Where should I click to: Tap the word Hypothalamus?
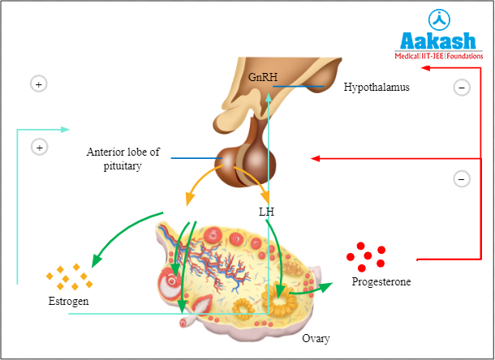pyautogui.click(x=377, y=87)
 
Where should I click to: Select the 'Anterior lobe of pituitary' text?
pyautogui.click(x=124, y=159)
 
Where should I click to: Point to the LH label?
pyautogui.click(x=266, y=212)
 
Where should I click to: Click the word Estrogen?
pyautogui.click(x=68, y=302)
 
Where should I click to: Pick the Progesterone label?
pyautogui.click(x=381, y=282)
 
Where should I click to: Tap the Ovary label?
pyautogui.click(x=316, y=338)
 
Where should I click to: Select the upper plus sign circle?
pyautogui.click(x=38, y=84)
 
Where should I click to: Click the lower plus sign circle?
pyautogui.click(x=38, y=147)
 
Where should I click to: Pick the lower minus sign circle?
pyautogui.click(x=462, y=178)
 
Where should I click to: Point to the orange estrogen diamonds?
pyautogui.click(x=67, y=276)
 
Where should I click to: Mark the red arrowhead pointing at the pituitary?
pyautogui.click(x=317, y=157)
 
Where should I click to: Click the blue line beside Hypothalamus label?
pyautogui.click(x=304, y=87)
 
